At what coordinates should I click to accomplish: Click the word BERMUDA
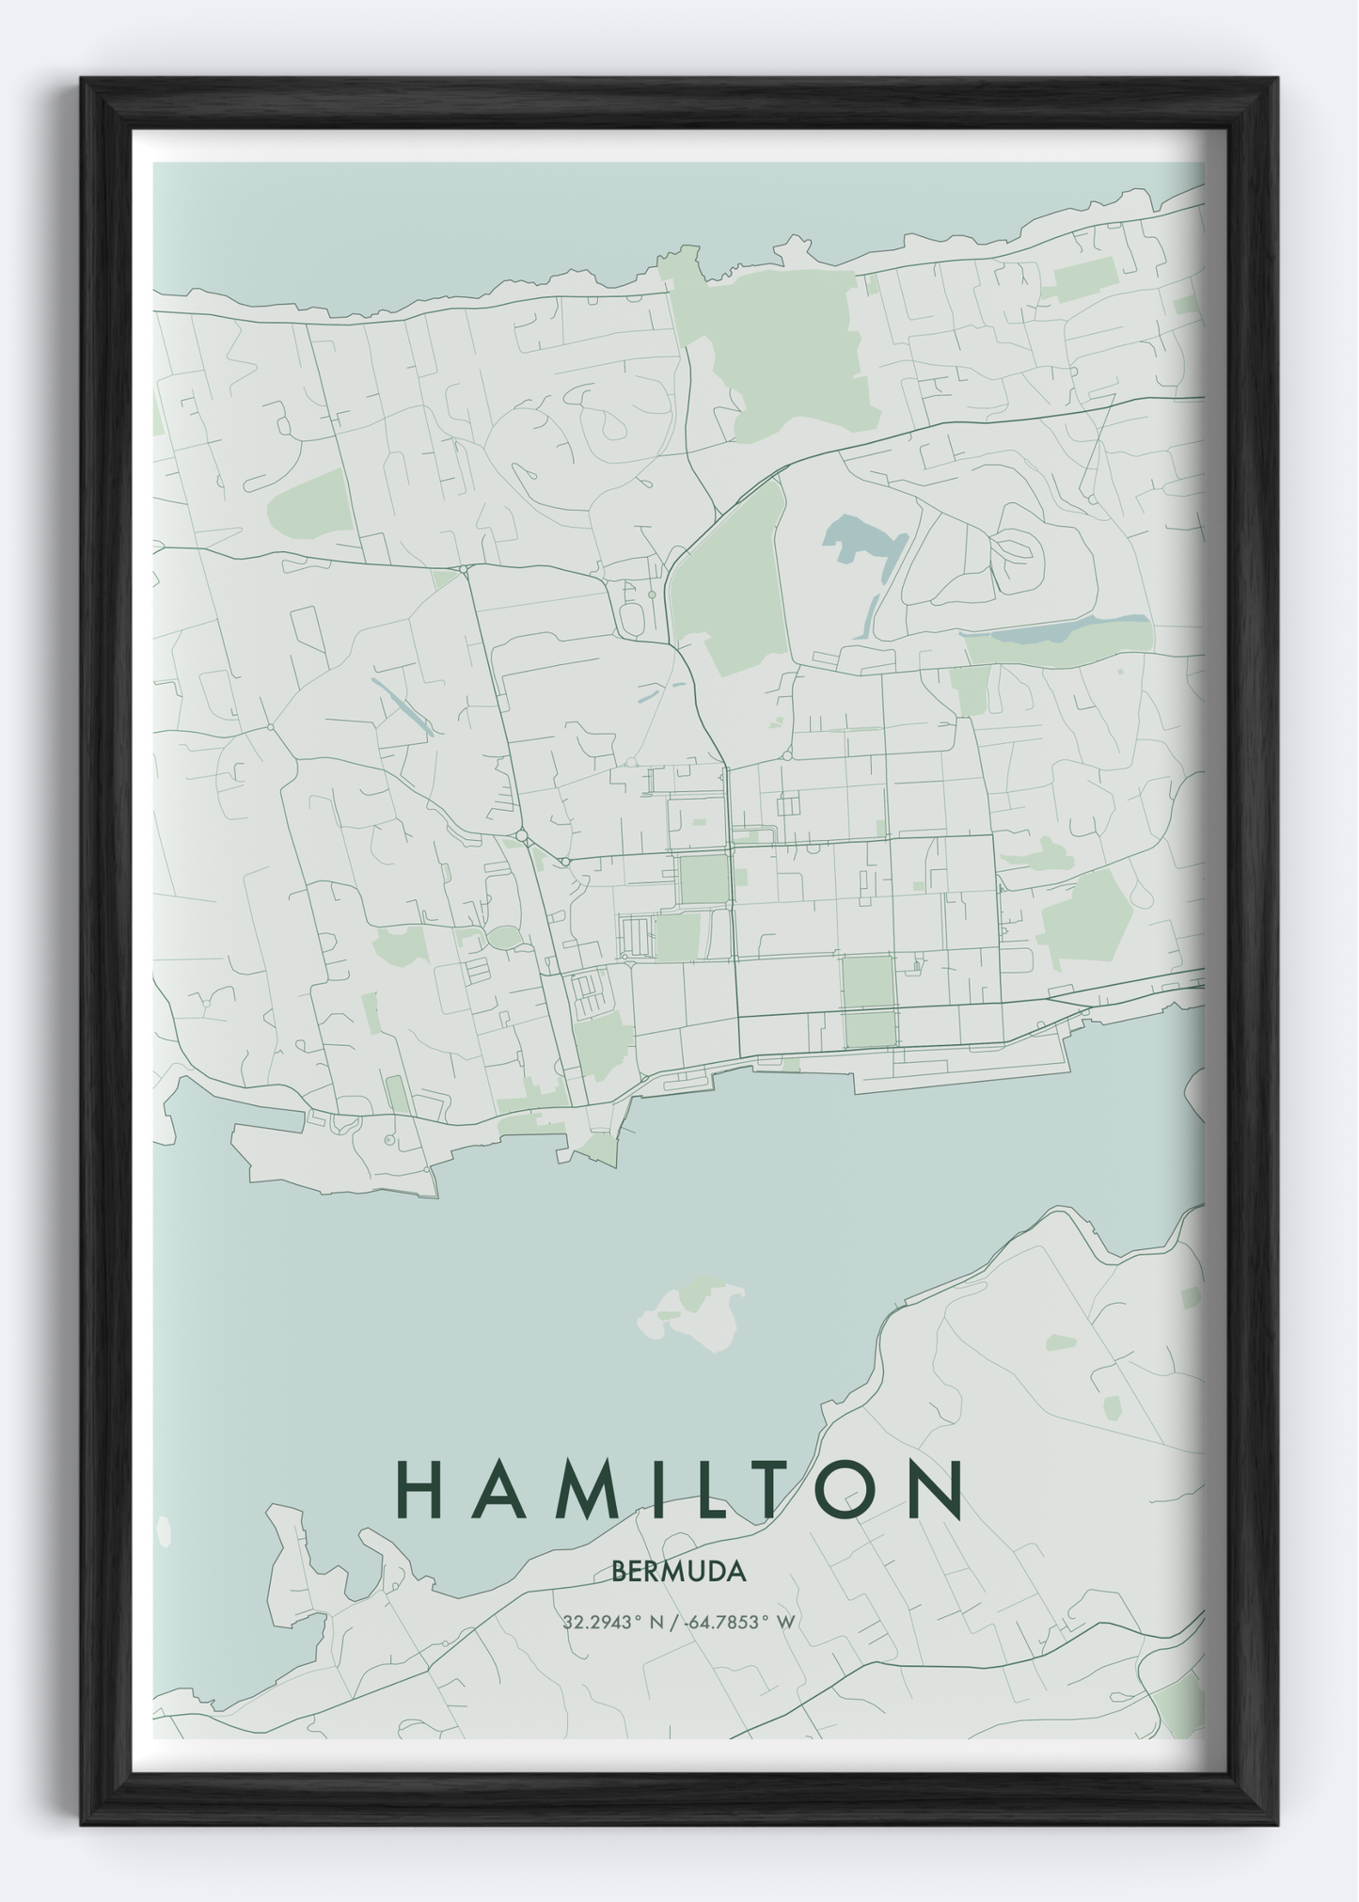(x=678, y=1572)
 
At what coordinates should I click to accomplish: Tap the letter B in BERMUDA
(x=618, y=1572)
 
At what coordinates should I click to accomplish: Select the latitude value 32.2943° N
(x=615, y=1623)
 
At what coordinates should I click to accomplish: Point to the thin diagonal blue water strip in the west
(x=403, y=705)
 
